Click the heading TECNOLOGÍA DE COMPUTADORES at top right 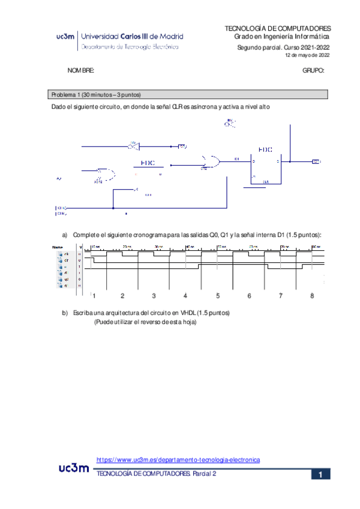coord(277,28)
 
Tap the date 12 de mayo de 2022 coord(307,55)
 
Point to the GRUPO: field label coord(314,71)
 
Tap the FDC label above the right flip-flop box coord(265,149)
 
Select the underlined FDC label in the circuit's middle coord(148,163)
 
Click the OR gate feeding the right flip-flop coord(211,161)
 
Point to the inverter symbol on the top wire coord(133,145)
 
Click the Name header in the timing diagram coord(58,247)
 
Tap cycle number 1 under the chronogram coord(94,296)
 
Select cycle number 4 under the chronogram coord(185,296)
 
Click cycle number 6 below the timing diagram coord(249,296)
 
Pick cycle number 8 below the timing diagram coord(312,296)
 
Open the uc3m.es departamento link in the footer coord(178,460)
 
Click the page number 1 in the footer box coord(321,475)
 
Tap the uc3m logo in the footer coord(74,468)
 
